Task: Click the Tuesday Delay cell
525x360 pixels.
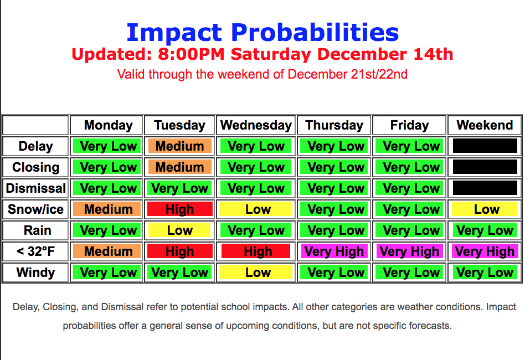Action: (179, 146)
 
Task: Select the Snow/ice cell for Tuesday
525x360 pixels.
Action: (179, 209)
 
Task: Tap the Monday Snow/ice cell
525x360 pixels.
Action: (108, 209)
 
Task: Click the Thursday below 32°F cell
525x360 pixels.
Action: (334, 251)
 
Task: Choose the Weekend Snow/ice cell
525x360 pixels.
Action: (485, 209)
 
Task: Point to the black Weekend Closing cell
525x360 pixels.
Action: (485, 167)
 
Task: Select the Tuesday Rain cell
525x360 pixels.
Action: (179, 230)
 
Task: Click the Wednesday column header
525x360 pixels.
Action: (256, 125)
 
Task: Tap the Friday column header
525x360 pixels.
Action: (409, 125)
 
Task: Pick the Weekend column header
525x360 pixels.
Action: (485, 125)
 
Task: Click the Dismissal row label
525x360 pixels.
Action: (35, 188)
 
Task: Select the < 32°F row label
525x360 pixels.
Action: (35, 251)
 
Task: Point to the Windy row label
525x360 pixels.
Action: (35, 272)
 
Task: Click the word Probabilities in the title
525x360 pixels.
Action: (315, 33)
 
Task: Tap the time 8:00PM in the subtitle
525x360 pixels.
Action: (191, 54)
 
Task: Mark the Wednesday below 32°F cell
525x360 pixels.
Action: (256, 251)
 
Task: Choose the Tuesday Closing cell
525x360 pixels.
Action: (179, 167)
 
